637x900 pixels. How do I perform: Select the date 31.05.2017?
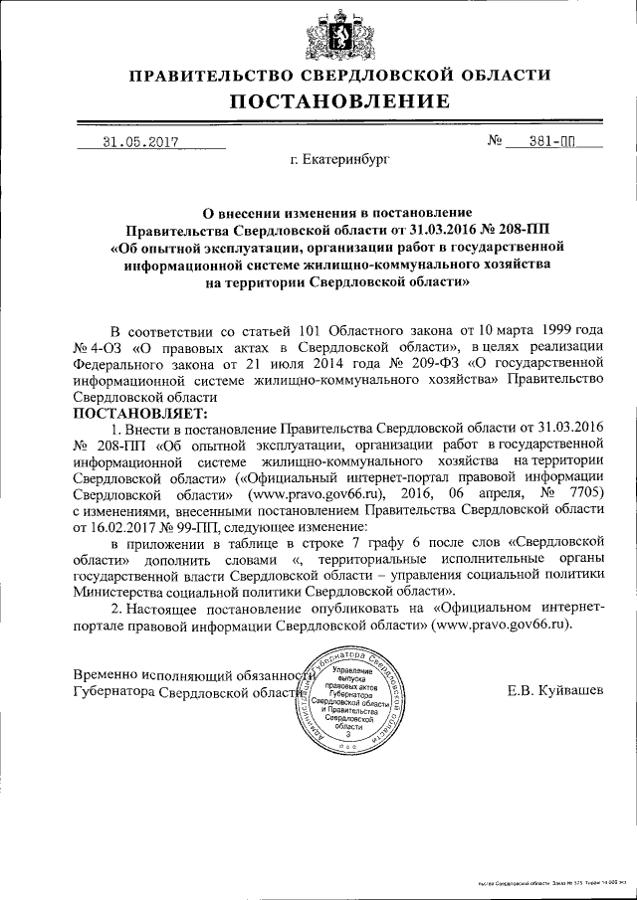click(140, 142)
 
